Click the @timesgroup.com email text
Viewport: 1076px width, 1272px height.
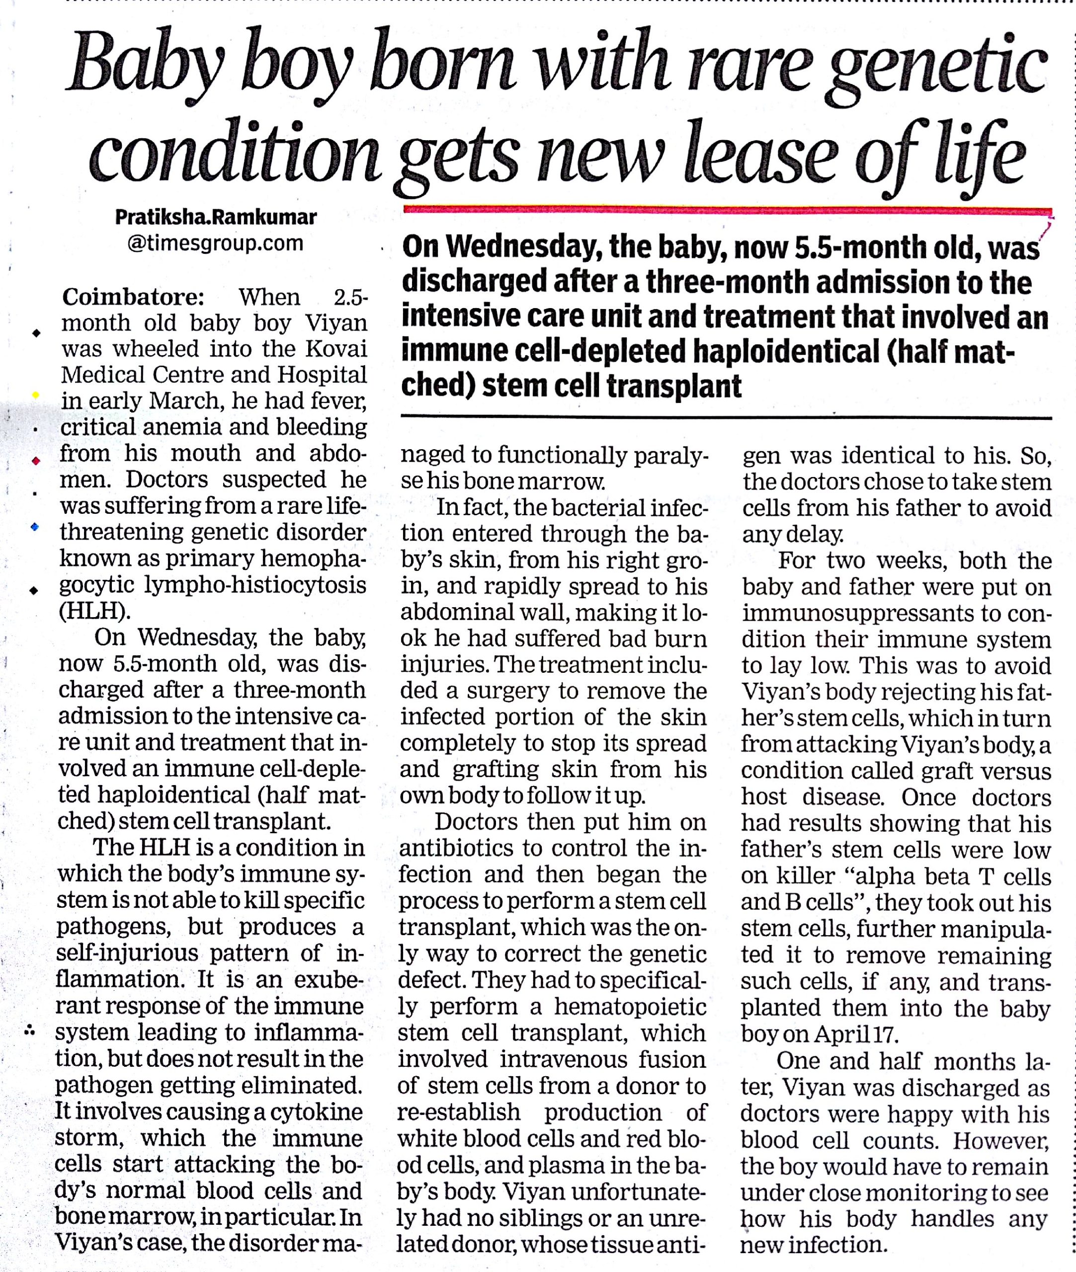[x=216, y=243]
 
